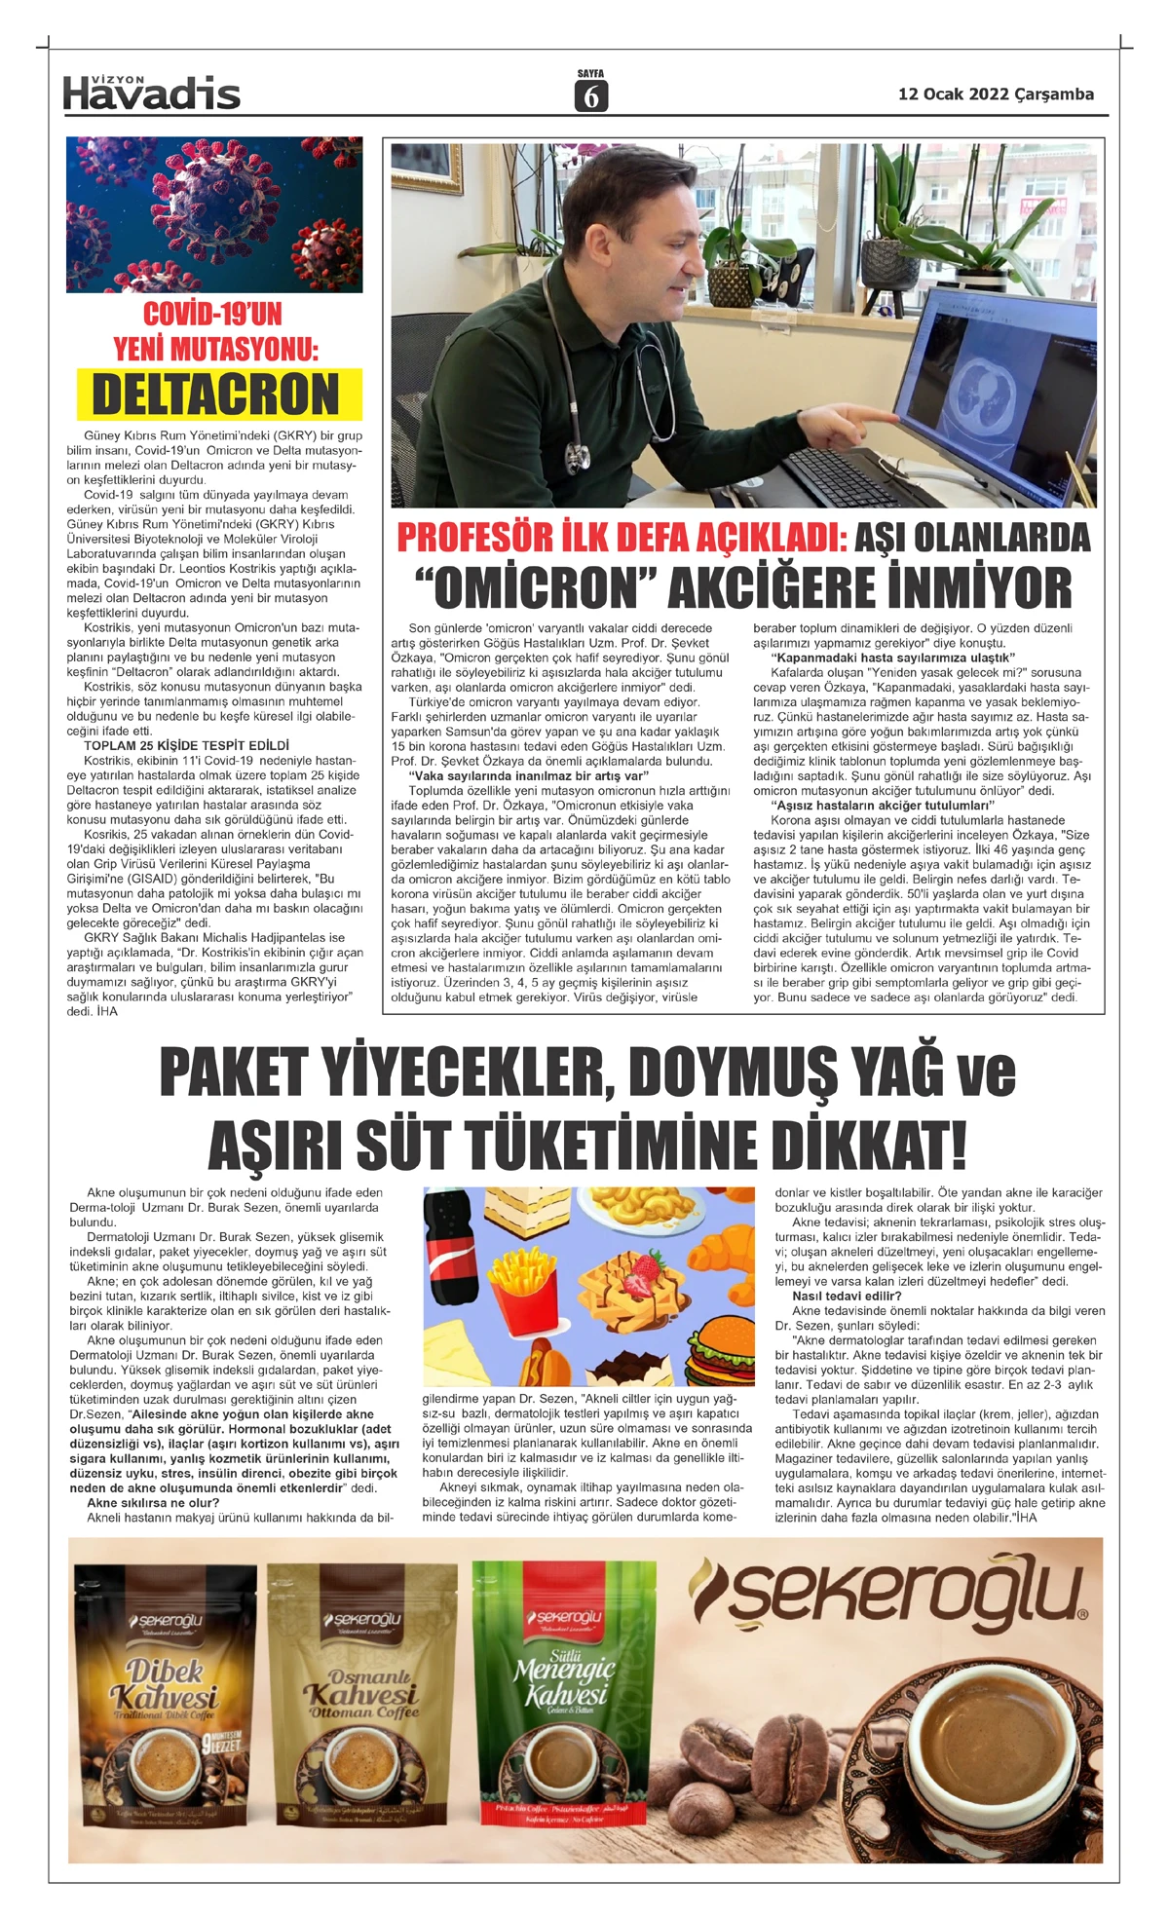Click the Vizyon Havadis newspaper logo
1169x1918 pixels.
click(x=151, y=92)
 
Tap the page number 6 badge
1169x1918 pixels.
click(x=590, y=95)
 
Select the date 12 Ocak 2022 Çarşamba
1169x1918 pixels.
click(x=996, y=94)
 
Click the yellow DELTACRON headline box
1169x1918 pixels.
click(x=215, y=395)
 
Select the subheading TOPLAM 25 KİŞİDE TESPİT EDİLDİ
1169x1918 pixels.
click(x=186, y=745)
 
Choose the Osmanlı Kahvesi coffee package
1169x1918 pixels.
click(x=360, y=1705)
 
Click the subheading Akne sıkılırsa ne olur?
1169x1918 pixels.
click(x=152, y=1502)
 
